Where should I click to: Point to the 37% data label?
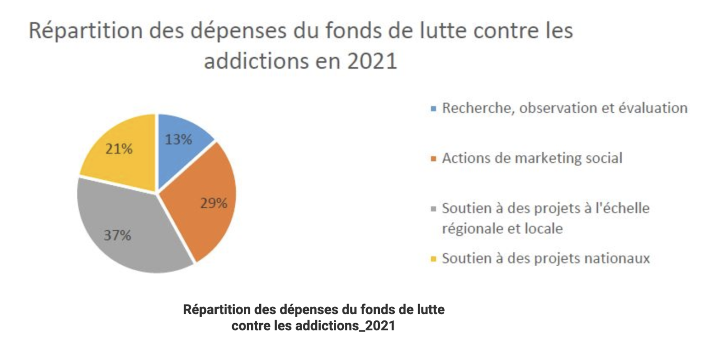pyautogui.click(x=117, y=235)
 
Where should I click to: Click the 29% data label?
pyautogui.click(x=214, y=203)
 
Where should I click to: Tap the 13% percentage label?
pyautogui.click(x=179, y=139)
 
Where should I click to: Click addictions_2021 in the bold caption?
pyautogui.click(x=345, y=325)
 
